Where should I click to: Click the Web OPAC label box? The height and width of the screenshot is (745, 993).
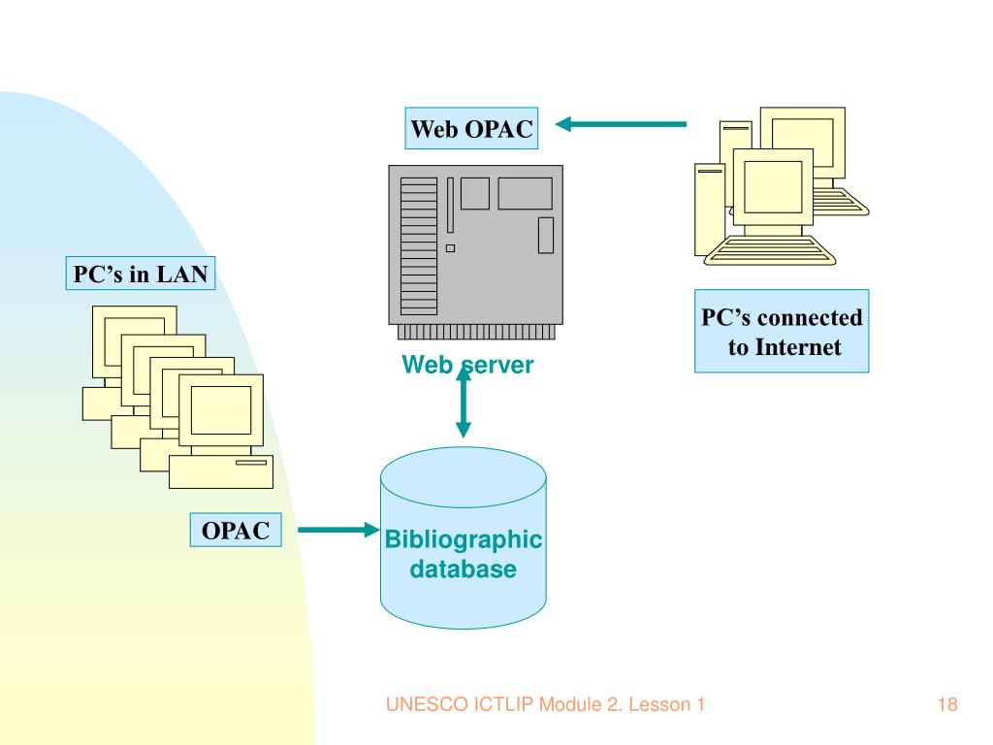coord(471,129)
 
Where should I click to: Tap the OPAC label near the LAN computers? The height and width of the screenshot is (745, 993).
coord(236,531)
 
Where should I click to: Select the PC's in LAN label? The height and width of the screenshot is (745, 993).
coord(141,274)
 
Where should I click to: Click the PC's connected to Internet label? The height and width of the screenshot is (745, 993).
coord(782,332)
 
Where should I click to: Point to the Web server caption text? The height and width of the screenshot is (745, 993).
coord(468,365)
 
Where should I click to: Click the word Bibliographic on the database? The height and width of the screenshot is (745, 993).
coord(464,539)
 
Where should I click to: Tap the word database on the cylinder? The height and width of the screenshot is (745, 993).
coord(463,568)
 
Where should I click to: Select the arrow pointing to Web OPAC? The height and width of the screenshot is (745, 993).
coord(621,124)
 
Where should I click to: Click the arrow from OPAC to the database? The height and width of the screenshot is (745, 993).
coord(338,530)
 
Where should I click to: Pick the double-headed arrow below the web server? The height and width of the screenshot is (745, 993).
coord(464,402)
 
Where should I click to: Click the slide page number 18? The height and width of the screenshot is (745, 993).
coord(947,704)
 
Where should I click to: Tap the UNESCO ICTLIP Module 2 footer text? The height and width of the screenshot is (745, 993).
coord(545,704)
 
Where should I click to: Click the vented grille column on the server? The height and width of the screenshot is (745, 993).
coord(419,246)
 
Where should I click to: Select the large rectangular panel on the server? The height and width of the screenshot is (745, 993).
coord(525,193)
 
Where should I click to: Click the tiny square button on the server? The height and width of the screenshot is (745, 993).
coord(450,248)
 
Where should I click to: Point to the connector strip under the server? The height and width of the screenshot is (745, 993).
coord(476,332)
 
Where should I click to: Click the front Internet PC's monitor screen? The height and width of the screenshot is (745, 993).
coord(773,187)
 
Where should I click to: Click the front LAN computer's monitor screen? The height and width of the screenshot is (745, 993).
coord(221,410)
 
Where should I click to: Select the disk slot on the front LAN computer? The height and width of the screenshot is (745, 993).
coord(251,463)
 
